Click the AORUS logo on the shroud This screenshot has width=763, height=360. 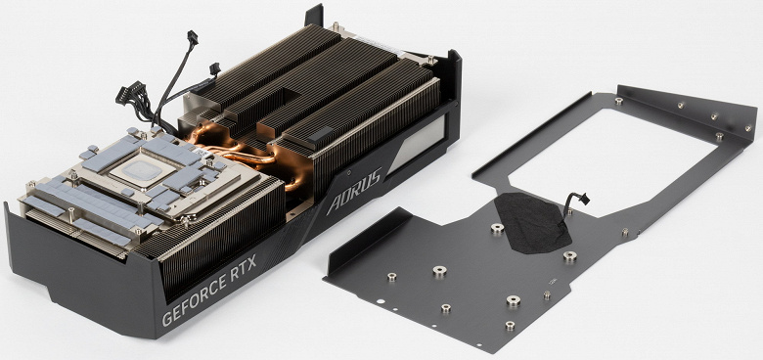coord(354,192)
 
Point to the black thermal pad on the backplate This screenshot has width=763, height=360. coord(532,222)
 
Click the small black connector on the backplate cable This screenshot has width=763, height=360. coord(584,199)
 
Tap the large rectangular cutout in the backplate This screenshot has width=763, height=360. coord(608,161)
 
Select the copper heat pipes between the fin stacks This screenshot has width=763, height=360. coord(244,154)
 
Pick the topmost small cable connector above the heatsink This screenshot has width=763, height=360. coord(192,37)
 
